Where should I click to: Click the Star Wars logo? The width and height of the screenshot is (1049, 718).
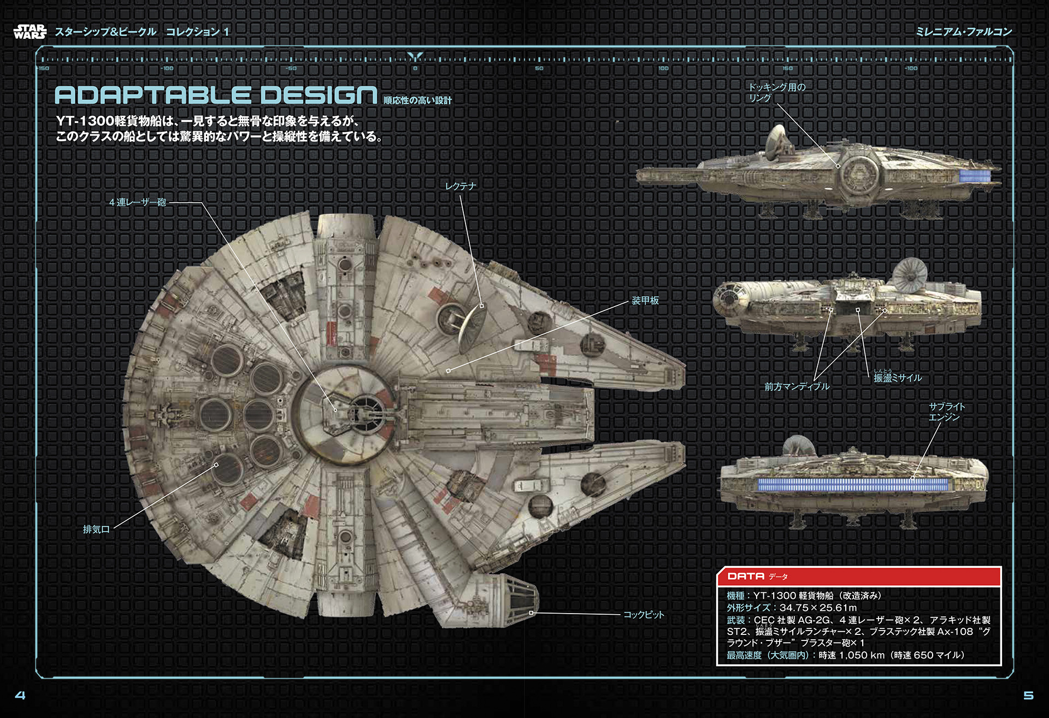click(30, 32)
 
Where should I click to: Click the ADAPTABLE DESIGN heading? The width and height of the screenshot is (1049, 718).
click(216, 95)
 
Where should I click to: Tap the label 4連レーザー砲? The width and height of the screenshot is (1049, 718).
click(137, 202)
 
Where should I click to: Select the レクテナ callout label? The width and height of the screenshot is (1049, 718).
click(461, 186)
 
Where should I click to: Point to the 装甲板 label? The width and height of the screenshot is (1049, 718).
click(645, 301)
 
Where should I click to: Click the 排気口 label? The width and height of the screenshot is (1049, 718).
click(96, 529)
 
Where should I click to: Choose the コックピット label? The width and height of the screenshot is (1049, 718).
click(644, 615)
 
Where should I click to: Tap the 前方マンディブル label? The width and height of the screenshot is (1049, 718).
click(797, 387)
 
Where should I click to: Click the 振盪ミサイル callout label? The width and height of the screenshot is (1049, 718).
click(898, 377)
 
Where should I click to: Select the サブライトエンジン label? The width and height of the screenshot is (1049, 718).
click(947, 412)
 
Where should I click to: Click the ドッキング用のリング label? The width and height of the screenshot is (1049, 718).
click(776, 92)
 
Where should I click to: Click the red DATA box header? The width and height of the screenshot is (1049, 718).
click(858, 576)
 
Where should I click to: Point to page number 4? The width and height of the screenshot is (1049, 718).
click(20, 695)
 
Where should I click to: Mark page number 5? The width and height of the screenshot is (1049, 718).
click(1028, 695)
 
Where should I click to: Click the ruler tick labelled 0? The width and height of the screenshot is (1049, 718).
click(415, 68)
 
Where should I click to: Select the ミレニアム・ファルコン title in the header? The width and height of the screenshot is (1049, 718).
click(964, 32)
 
